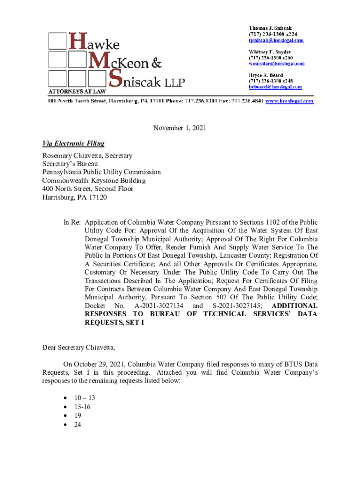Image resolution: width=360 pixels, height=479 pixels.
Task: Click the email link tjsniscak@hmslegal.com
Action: click(276, 40)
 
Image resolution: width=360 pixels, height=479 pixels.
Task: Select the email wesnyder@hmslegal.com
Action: click(276, 63)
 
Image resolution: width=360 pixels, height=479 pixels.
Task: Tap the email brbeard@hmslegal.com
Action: click(275, 87)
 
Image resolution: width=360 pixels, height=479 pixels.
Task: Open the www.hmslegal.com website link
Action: click(289, 101)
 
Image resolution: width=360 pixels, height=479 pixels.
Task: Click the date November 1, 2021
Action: click(180, 128)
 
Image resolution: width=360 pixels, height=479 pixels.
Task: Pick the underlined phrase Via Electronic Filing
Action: click(73, 144)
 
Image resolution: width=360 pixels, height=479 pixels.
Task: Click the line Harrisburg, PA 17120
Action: click(75, 197)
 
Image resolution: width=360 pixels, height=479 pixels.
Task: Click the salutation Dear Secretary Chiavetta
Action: click(79, 348)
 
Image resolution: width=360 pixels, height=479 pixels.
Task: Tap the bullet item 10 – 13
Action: click(85, 398)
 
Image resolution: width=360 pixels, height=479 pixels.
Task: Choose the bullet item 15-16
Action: click(83, 407)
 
